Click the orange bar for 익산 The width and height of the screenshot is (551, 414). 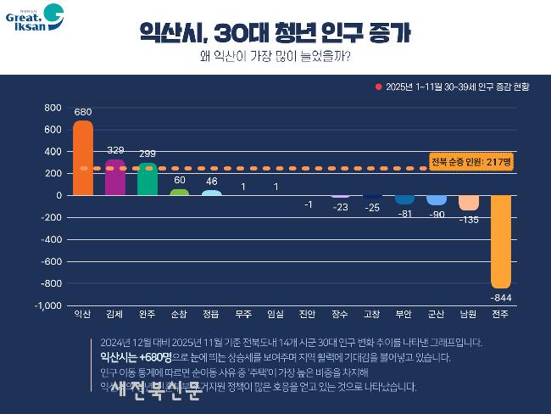click(83, 158)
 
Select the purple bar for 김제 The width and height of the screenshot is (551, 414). click(114, 177)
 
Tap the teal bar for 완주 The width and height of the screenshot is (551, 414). click(147, 179)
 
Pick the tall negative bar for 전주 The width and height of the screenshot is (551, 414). click(501, 241)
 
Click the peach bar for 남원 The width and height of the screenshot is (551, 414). click(469, 203)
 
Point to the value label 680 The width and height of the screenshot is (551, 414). click(83, 112)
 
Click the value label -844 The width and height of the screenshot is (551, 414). click(501, 297)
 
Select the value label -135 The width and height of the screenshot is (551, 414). click(469, 220)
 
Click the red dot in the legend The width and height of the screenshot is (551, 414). click(379, 87)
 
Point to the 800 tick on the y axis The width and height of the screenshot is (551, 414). click(53, 108)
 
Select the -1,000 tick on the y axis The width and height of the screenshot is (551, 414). click(47, 305)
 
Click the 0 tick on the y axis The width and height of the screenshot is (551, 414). click(58, 195)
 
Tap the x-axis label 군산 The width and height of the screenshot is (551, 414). click(437, 315)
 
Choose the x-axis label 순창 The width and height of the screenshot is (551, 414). click(180, 315)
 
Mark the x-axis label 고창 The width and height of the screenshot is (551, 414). click(372, 315)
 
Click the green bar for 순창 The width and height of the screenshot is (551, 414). click(180, 193)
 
